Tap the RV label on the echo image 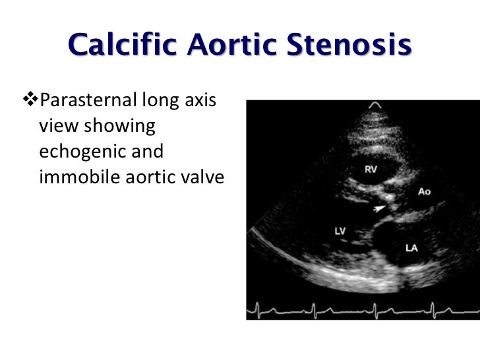(371, 169)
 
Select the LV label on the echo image (340, 232)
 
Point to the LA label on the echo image (411, 249)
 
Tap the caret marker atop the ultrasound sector (375, 105)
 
